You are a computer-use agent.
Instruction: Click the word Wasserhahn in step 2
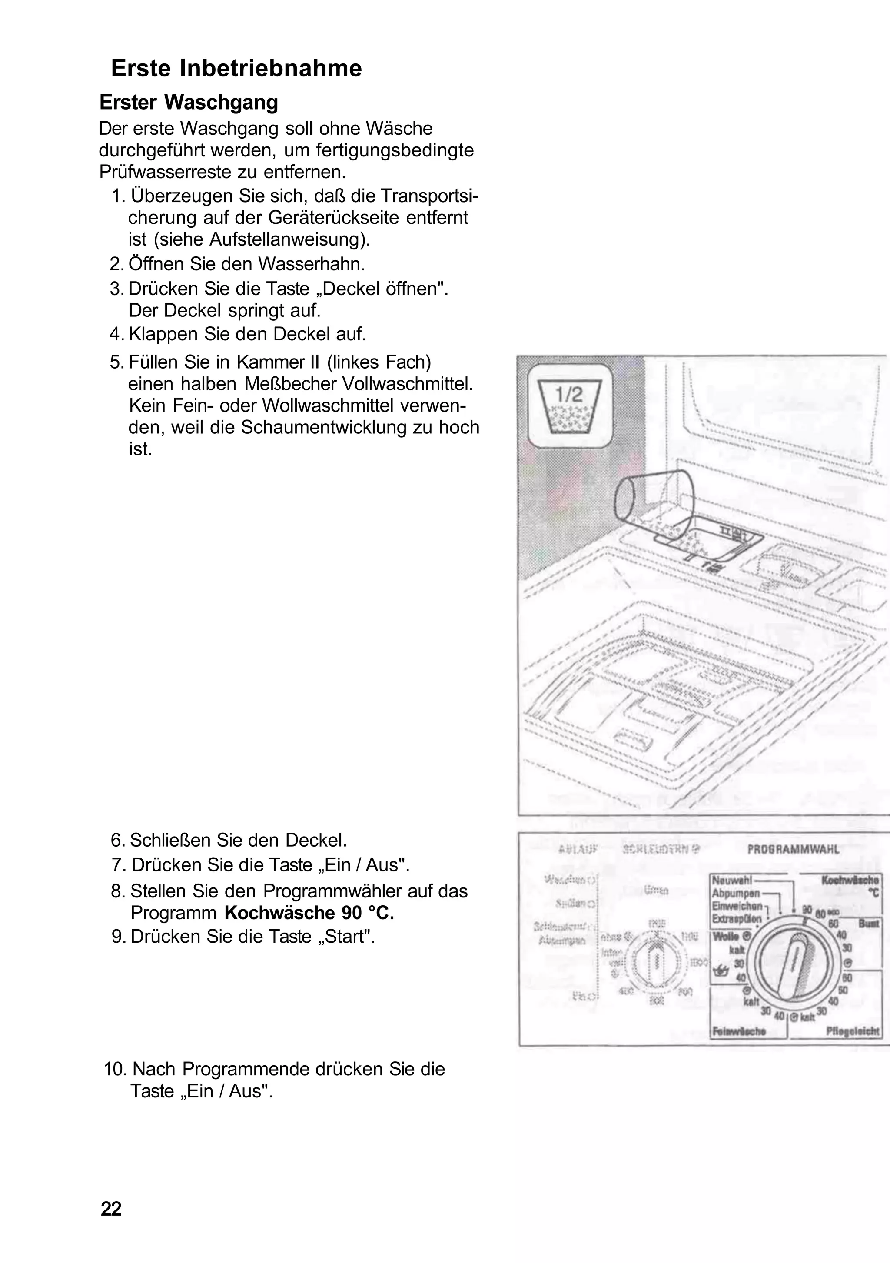312,264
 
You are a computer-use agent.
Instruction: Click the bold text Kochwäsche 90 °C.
309,913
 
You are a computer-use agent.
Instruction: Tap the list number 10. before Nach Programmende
116,1069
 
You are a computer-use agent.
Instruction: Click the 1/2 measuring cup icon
569,405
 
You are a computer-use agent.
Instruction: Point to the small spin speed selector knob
656,960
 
